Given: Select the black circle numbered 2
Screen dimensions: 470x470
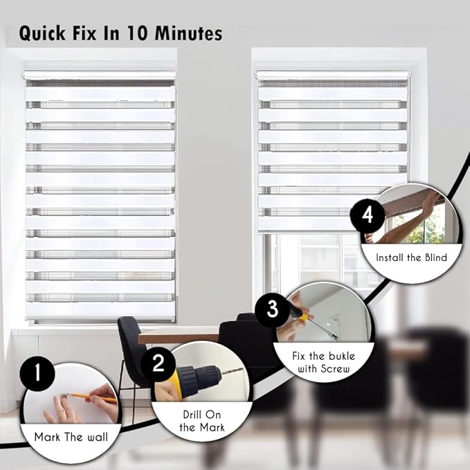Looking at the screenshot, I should point(159,363).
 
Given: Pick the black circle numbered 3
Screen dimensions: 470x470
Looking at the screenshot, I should point(273,308).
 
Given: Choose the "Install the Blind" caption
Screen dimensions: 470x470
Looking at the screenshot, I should point(411,257).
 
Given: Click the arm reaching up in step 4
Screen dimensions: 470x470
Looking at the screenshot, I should point(408,222).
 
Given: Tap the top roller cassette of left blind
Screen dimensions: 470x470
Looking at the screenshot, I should point(100,75).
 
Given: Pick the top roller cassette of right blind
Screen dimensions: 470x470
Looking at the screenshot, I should point(332,75).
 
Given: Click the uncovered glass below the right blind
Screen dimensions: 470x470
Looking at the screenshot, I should point(318,260).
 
